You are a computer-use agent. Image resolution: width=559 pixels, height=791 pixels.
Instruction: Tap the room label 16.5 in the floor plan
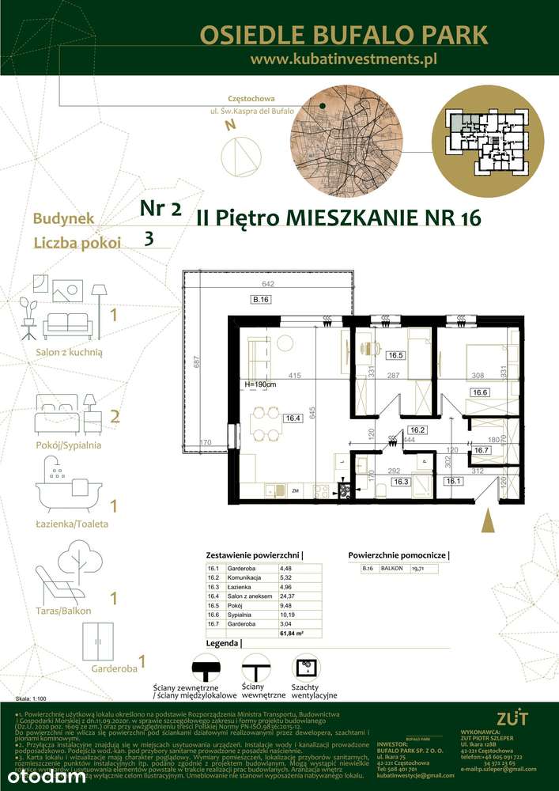coord(395,355)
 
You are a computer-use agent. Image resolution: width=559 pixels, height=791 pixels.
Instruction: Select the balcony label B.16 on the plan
coord(261,300)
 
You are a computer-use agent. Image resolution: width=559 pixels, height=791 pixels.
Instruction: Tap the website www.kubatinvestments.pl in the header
coord(343,59)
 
